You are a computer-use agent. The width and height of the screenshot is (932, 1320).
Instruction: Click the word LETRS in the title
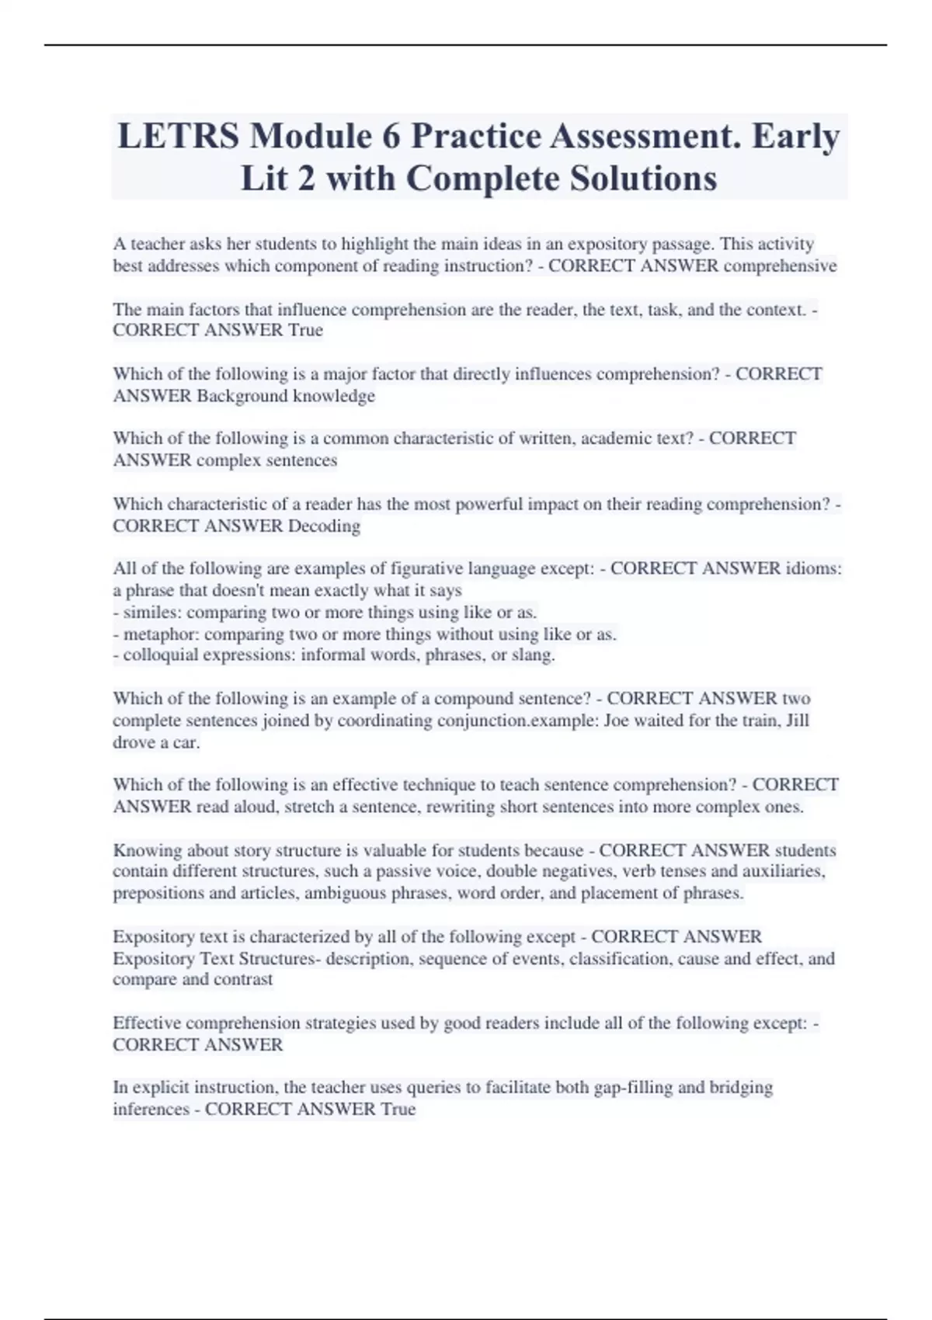pos(178,137)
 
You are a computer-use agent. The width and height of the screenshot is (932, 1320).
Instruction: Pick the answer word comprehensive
pos(780,266)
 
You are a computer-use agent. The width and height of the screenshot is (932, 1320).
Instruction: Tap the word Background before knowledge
pos(242,396)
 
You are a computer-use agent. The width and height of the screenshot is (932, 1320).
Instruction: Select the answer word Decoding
pos(324,526)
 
